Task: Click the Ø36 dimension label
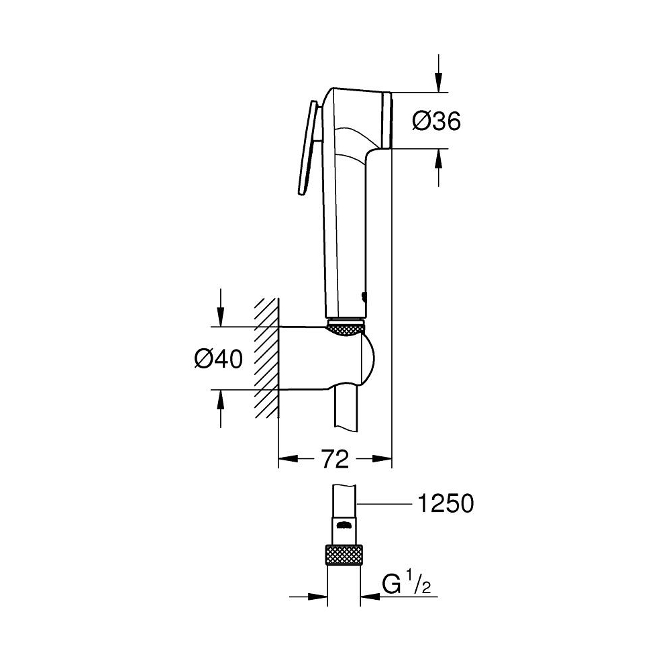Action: (x=436, y=121)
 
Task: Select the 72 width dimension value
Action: (x=334, y=460)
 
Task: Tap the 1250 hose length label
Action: (x=445, y=503)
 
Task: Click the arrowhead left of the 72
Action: (x=287, y=460)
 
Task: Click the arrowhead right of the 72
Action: (x=382, y=460)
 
